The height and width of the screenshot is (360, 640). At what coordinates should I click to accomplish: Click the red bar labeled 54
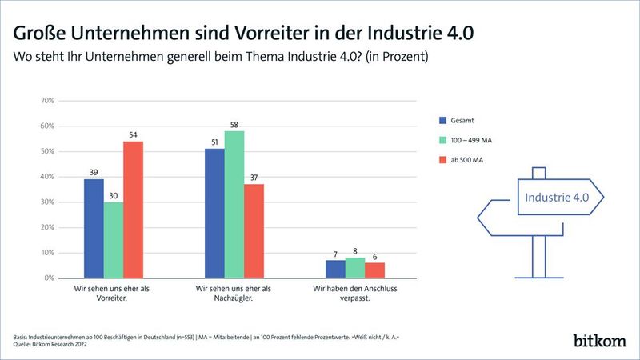click(133, 210)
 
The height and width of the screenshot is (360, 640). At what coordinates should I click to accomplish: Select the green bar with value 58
click(234, 204)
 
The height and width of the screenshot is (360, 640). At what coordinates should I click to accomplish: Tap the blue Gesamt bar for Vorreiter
click(94, 228)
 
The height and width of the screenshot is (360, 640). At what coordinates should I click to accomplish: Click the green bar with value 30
click(114, 239)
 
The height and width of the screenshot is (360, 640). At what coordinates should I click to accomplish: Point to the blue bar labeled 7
click(334, 269)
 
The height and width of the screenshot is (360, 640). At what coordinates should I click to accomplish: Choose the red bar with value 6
click(374, 270)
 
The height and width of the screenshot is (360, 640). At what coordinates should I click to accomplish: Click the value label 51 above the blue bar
click(214, 142)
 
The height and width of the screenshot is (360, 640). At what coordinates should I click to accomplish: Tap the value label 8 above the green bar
click(354, 250)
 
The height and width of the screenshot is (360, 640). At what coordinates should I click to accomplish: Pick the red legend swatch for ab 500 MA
click(442, 160)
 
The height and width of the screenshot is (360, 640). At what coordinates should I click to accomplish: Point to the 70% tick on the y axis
click(46, 101)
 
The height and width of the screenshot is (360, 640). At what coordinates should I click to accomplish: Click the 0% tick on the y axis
click(47, 278)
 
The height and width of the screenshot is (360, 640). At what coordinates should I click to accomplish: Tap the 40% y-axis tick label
click(46, 177)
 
